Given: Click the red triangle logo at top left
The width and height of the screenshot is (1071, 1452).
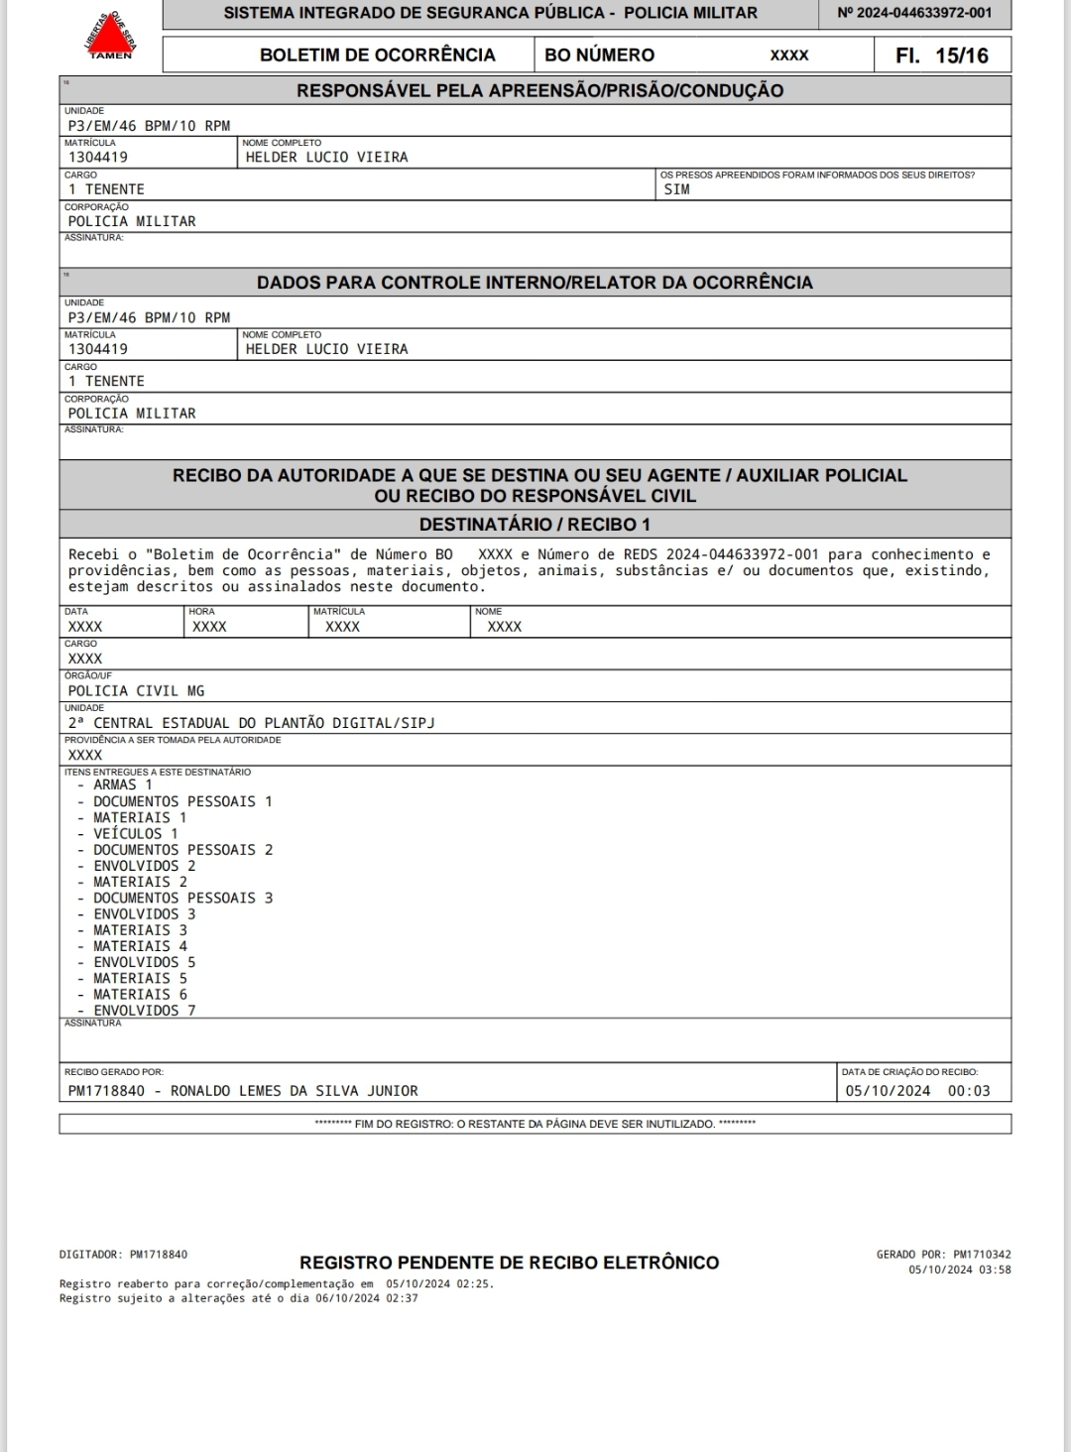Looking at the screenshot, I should click(x=110, y=38).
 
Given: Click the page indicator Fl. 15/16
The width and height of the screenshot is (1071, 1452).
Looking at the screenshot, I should click(x=941, y=56).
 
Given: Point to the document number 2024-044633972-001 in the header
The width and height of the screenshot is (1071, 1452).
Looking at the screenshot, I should click(x=914, y=13).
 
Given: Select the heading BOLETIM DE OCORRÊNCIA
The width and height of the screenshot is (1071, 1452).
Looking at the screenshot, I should click(x=377, y=56).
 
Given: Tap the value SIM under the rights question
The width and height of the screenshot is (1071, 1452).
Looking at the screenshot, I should click(x=676, y=189).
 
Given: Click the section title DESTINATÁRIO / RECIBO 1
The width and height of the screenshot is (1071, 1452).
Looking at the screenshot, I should click(x=535, y=525).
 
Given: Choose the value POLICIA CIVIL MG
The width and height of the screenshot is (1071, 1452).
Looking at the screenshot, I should click(x=136, y=691).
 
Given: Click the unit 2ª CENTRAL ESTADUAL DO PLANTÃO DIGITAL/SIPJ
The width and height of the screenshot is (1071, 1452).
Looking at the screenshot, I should click(x=251, y=723).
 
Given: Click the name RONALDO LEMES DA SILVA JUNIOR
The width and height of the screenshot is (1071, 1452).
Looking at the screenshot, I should click(x=295, y=1091).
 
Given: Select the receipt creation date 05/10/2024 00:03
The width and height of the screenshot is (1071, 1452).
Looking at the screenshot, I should click(x=917, y=1091).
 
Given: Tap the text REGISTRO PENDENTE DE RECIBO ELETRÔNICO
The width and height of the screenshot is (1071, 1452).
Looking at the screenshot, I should click(x=509, y=1263).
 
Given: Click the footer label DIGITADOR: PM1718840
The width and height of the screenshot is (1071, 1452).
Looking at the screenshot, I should click(x=123, y=1255).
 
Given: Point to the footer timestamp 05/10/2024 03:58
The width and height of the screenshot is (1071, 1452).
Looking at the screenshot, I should click(x=960, y=1270).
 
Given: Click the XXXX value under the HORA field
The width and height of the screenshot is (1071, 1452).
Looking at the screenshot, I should click(x=209, y=627).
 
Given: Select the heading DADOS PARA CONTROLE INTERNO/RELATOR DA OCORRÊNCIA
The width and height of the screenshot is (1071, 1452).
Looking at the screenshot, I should click(x=535, y=283).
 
